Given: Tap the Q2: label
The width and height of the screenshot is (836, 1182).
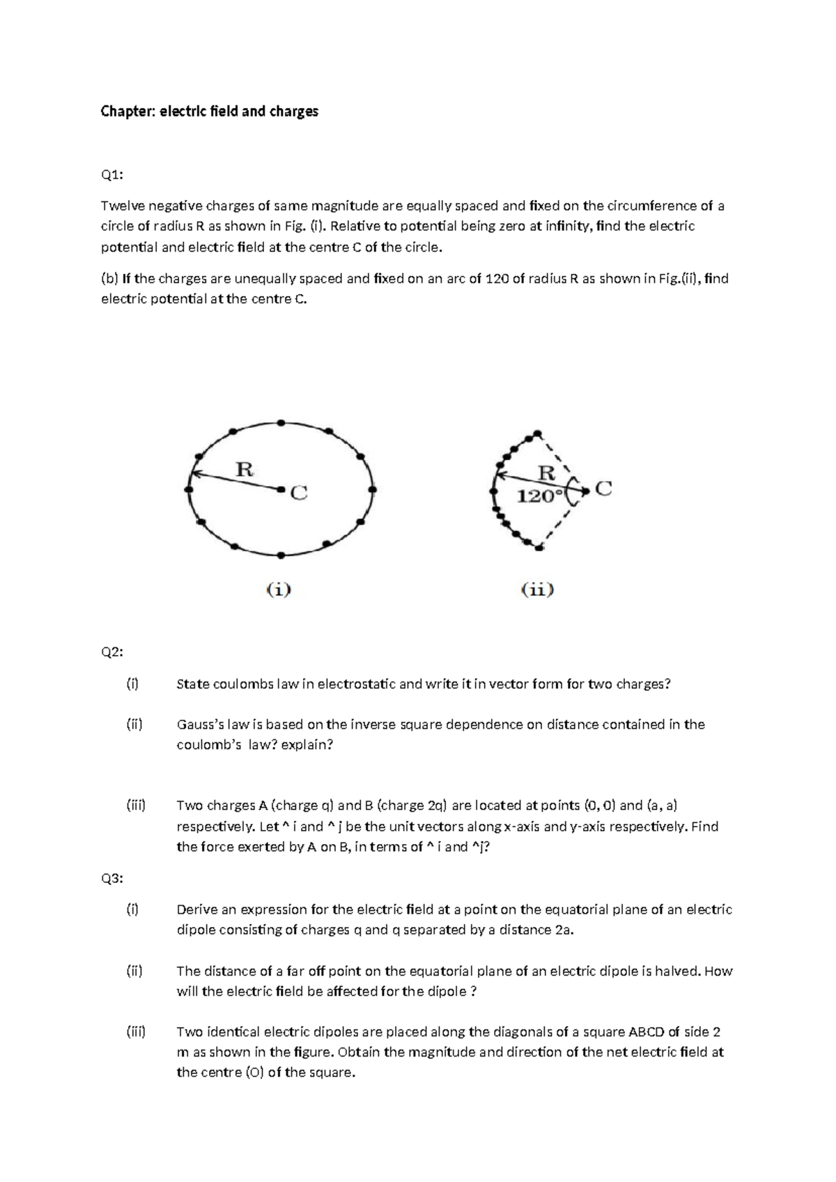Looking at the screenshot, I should click(111, 652).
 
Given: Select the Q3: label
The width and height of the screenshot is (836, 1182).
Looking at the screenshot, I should click(111, 878).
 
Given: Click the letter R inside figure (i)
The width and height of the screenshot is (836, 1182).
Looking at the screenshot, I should click(244, 469).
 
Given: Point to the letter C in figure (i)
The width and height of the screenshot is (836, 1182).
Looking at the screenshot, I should click(298, 493).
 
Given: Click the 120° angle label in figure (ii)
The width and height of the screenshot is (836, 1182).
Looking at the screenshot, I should click(538, 496).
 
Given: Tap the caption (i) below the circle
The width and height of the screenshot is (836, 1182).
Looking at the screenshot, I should click(279, 590).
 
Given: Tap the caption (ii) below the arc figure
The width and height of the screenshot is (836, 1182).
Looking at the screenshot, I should click(538, 590).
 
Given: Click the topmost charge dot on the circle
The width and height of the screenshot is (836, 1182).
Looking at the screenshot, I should click(280, 422).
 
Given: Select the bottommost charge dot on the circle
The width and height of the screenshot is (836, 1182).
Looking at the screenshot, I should click(280, 555).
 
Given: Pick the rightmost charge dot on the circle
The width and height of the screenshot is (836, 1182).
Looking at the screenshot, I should click(373, 490).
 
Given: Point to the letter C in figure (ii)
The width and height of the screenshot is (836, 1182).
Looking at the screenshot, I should click(603, 489).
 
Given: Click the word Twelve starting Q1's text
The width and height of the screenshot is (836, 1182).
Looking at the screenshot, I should click(121, 206).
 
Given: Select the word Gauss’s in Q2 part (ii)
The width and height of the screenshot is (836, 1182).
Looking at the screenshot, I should click(198, 725).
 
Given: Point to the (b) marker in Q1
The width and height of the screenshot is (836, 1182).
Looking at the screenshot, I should click(109, 279).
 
